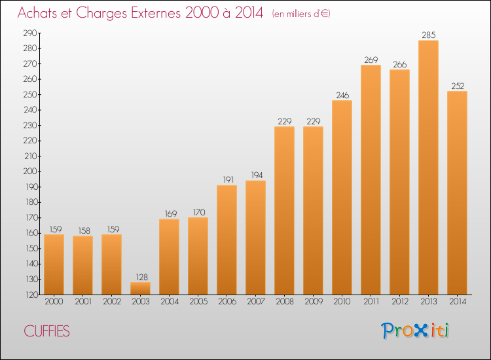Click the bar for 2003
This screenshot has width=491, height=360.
140,288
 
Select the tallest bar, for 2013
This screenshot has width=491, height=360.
428,168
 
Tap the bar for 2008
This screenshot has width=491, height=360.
284,210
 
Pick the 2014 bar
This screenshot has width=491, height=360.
457,192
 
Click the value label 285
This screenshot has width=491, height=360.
428,35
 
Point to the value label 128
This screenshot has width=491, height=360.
140,277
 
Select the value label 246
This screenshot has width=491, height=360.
342,95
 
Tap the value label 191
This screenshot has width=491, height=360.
227,180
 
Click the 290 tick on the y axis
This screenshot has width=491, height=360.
30,33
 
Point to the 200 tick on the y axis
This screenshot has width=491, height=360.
30,171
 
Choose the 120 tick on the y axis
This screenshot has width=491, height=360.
30,295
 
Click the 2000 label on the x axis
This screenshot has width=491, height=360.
54,302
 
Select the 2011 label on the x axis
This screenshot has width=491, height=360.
371,302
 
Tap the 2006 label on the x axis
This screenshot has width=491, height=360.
227,302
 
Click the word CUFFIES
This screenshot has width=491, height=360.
46,331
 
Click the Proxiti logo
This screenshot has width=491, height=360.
415,331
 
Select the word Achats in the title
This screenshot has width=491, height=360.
38,14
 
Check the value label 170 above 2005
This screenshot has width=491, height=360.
198,212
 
